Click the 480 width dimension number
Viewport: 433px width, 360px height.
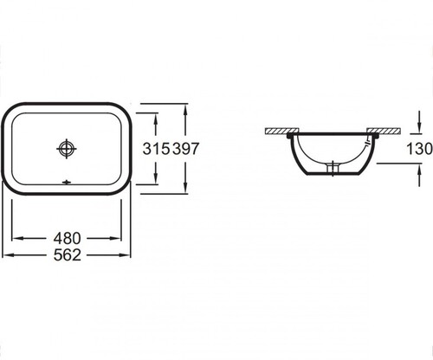click(68, 239)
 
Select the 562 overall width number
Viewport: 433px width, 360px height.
click(68, 255)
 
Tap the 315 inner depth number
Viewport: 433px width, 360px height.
click(156, 149)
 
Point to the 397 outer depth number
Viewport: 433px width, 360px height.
click(185, 149)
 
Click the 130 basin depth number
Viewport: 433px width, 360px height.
click(419, 149)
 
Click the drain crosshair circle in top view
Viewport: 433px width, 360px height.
click(67, 149)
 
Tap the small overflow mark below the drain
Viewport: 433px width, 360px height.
click(67, 183)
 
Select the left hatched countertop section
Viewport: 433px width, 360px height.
click(282, 131)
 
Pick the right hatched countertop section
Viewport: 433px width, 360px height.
click(384, 131)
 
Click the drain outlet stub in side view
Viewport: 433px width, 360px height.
click(333, 168)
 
